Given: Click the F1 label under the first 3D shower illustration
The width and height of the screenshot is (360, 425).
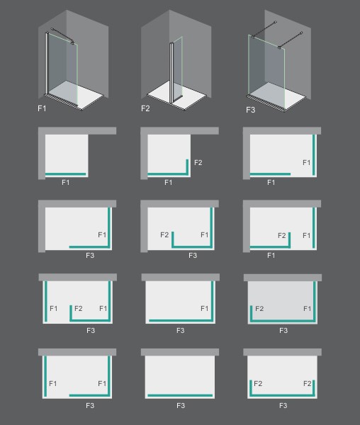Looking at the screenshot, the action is [x=42, y=108].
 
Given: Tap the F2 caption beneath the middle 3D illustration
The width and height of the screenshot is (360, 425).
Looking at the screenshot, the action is [x=145, y=108].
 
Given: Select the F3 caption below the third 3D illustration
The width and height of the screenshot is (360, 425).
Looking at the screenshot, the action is [x=250, y=110].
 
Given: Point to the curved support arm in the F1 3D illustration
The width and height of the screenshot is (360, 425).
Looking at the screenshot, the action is [x=62, y=35].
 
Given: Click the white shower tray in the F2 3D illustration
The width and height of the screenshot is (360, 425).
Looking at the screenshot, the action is [x=176, y=96].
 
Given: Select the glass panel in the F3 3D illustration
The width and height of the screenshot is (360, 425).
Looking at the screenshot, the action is [x=266, y=71].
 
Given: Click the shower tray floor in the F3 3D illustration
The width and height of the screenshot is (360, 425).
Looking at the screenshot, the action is [x=276, y=96].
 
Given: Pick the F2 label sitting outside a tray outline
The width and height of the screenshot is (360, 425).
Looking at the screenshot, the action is [x=198, y=163].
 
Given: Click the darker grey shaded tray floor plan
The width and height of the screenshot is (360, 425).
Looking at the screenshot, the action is [x=283, y=302].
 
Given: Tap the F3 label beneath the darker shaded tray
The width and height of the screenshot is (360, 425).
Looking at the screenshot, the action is [x=283, y=330].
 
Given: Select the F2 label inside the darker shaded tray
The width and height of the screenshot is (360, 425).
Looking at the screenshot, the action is [x=259, y=308].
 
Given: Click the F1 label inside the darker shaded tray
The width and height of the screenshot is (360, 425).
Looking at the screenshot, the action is [x=307, y=308].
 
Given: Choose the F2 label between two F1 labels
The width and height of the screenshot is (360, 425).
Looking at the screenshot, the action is [x=79, y=308].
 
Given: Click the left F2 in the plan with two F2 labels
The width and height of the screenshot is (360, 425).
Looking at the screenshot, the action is [x=258, y=383].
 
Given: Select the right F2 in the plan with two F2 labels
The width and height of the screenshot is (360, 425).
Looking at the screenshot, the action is [x=307, y=383].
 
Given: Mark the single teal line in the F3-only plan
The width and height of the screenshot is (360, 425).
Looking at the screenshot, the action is [x=180, y=395].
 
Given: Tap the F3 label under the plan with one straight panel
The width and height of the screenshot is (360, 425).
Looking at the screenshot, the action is [x=181, y=405].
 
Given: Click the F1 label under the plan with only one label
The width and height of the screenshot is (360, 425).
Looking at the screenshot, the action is [x=66, y=183].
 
